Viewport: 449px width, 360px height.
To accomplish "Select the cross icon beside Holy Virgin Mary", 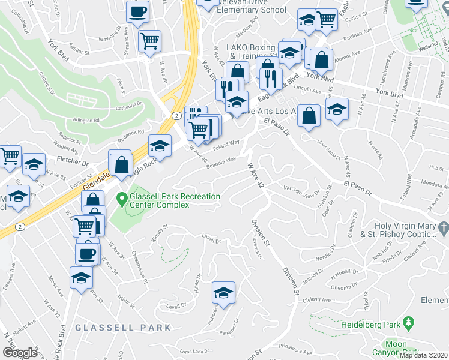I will pyautogui.click(x=444, y=228).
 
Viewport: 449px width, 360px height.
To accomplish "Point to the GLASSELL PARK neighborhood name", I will pyautogui.click(x=123, y=328).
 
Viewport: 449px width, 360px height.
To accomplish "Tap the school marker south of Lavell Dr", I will pyautogui.click(x=223, y=293).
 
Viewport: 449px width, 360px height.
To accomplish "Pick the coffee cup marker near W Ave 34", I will pyautogui.click(x=88, y=253).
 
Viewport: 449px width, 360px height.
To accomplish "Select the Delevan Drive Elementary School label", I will pyautogui.click(x=252, y=7).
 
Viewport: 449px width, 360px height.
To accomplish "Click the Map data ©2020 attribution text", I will pyautogui.click(x=423, y=355).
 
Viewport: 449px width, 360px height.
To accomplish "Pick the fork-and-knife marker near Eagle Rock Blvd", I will pyautogui.click(x=271, y=77).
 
